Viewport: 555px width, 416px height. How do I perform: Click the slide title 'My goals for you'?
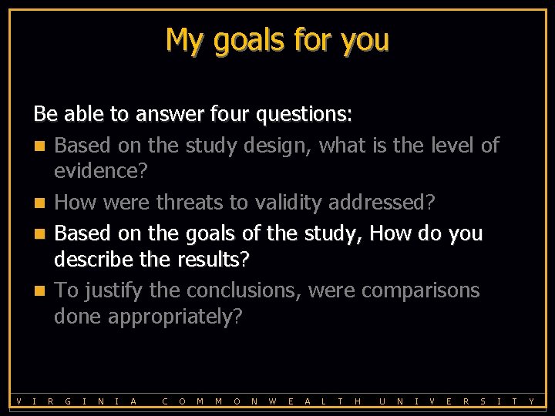coord(277,39)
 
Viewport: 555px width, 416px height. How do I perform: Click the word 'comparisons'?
coord(421,290)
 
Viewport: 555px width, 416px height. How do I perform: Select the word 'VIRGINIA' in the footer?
coord(76,401)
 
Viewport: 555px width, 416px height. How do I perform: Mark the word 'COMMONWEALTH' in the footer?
coord(262,401)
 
